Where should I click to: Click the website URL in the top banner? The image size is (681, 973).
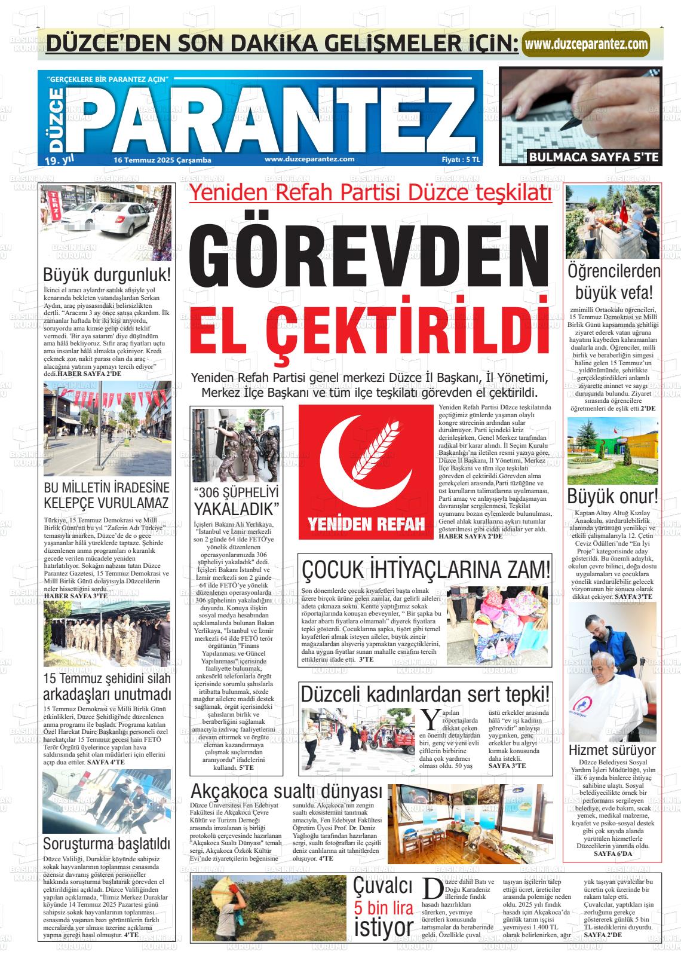click(587, 44)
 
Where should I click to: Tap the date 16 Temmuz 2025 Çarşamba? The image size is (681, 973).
click(162, 160)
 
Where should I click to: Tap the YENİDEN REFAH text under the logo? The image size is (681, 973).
click(366, 525)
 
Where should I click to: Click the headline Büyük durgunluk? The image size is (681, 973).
click(107, 276)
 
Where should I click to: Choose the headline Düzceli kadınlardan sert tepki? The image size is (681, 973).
click(425, 694)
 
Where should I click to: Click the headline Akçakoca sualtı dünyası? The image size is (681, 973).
click(286, 791)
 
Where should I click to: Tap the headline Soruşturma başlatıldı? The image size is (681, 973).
click(107, 845)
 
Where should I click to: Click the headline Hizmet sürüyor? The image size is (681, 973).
click(612, 750)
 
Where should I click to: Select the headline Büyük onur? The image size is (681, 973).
click(612, 496)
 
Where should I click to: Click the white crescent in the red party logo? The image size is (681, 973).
click(346, 454)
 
